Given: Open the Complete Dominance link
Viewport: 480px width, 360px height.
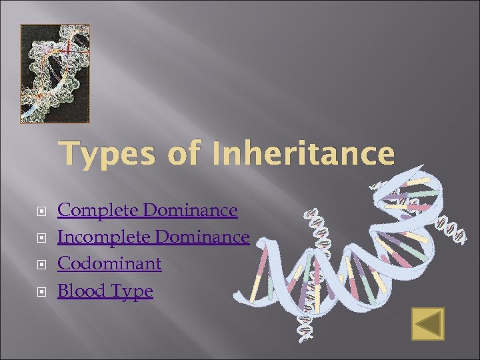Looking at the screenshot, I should tap(147, 211).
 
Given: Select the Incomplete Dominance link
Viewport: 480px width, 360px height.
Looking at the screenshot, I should tap(153, 237).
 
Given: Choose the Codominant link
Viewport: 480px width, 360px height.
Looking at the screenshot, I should tap(109, 264).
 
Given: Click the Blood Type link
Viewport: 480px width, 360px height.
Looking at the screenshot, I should tap(105, 291).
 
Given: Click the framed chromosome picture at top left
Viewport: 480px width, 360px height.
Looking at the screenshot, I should tap(55, 73).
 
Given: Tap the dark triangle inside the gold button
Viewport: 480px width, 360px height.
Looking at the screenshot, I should tap(427, 325).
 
